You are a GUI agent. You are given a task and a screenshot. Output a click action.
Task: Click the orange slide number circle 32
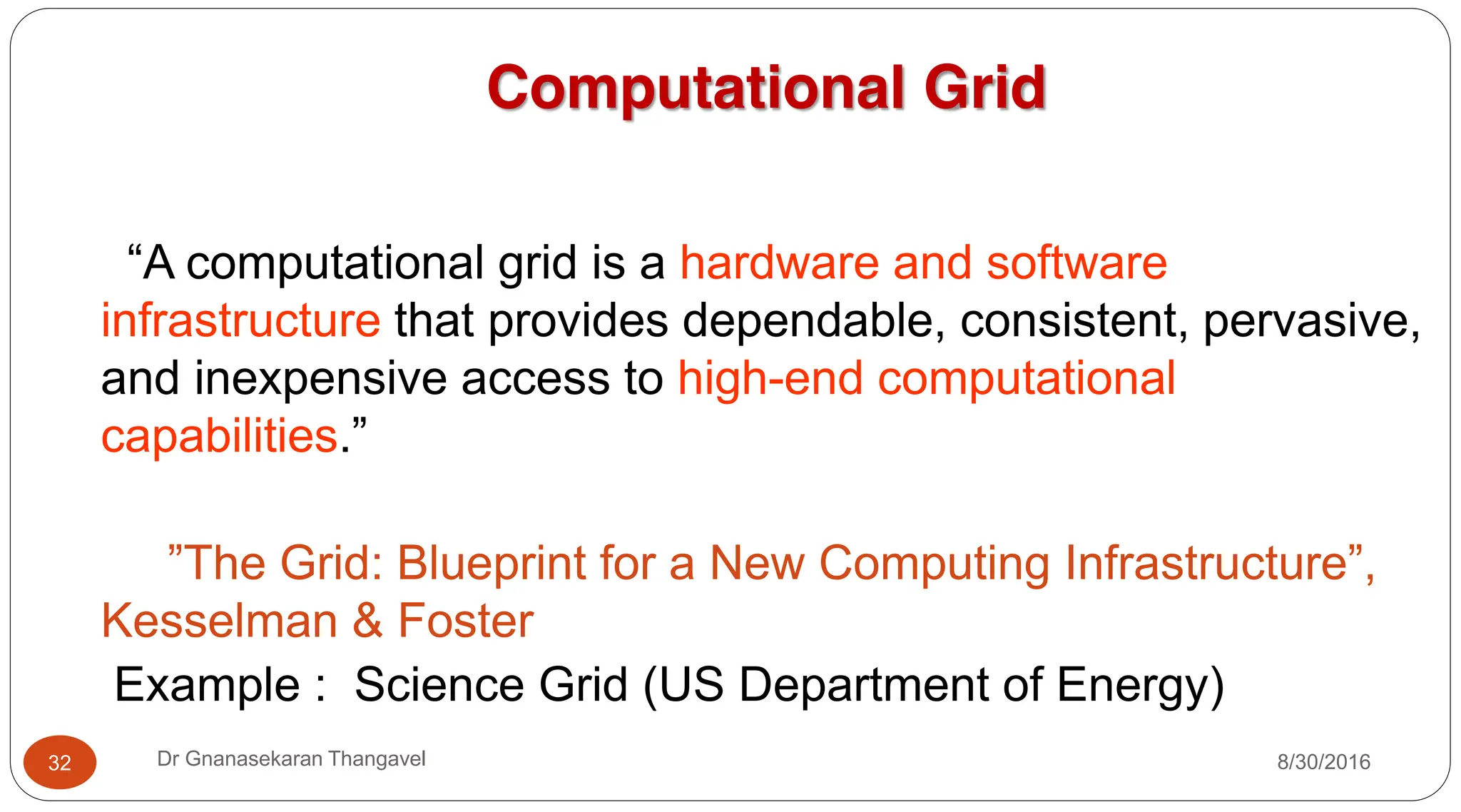pos(60,762)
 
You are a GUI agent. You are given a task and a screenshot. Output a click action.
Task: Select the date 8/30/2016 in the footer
pos(1323,762)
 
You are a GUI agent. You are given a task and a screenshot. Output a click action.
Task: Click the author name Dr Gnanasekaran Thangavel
pos(291,758)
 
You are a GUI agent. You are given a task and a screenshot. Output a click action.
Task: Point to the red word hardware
pos(779,263)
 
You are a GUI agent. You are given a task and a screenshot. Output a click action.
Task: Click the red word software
pos(1076,263)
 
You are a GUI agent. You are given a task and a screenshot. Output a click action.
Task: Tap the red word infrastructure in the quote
pos(241,320)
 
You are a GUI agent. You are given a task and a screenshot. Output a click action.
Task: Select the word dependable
pos(808,320)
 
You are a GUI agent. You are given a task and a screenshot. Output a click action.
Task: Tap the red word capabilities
pos(220,435)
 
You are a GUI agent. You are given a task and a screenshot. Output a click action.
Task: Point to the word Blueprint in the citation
pos(492,563)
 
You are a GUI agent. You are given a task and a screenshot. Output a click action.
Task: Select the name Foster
pos(465,621)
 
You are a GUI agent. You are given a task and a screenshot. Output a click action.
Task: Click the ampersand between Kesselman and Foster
pos(367,621)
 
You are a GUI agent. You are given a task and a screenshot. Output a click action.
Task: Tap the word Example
pos(207,685)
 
